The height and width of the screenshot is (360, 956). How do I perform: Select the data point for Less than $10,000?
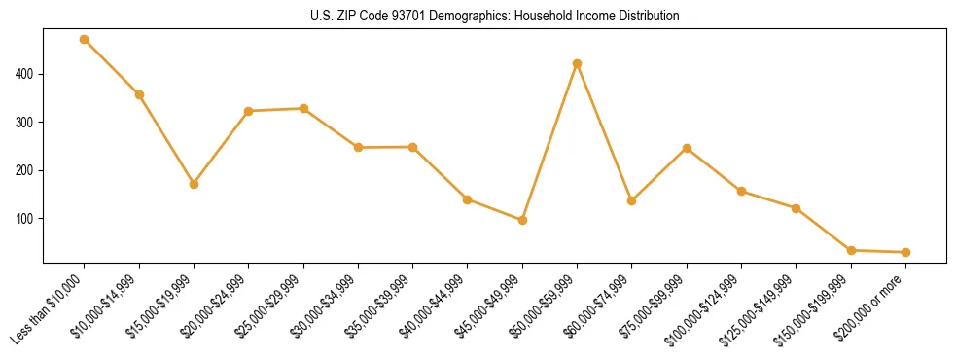(x=85, y=40)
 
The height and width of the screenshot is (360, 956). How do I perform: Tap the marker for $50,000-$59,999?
(x=578, y=63)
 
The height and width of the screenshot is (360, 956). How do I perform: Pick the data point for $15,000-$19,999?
(x=195, y=184)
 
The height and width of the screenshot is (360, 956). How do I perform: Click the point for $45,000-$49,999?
(x=523, y=220)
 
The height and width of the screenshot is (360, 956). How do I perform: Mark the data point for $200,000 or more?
(x=906, y=252)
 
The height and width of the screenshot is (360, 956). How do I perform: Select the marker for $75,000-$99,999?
(x=688, y=148)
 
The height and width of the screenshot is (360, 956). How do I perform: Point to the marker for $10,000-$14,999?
(x=139, y=94)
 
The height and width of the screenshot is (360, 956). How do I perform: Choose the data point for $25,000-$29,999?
(x=303, y=108)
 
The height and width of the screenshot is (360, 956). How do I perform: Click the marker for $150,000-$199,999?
(x=852, y=250)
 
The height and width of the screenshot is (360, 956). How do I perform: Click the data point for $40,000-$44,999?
(x=468, y=199)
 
